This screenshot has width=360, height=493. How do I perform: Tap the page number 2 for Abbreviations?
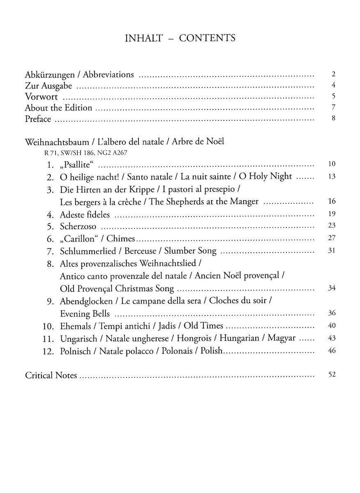coord(334,74)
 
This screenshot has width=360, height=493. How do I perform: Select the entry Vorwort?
coord(41,97)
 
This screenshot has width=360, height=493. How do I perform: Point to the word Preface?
coord(38,119)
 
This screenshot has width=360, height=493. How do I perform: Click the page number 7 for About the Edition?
coord(334,108)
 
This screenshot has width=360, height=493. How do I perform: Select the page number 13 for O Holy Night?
coord(332,176)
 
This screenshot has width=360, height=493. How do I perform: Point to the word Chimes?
coord(121,238)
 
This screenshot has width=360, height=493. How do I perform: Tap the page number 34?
coord(332,288)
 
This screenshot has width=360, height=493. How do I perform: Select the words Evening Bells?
coord(85,313)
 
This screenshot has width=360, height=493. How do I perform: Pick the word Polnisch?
coord(76,351)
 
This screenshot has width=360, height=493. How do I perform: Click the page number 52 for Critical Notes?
coord(332,375)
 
